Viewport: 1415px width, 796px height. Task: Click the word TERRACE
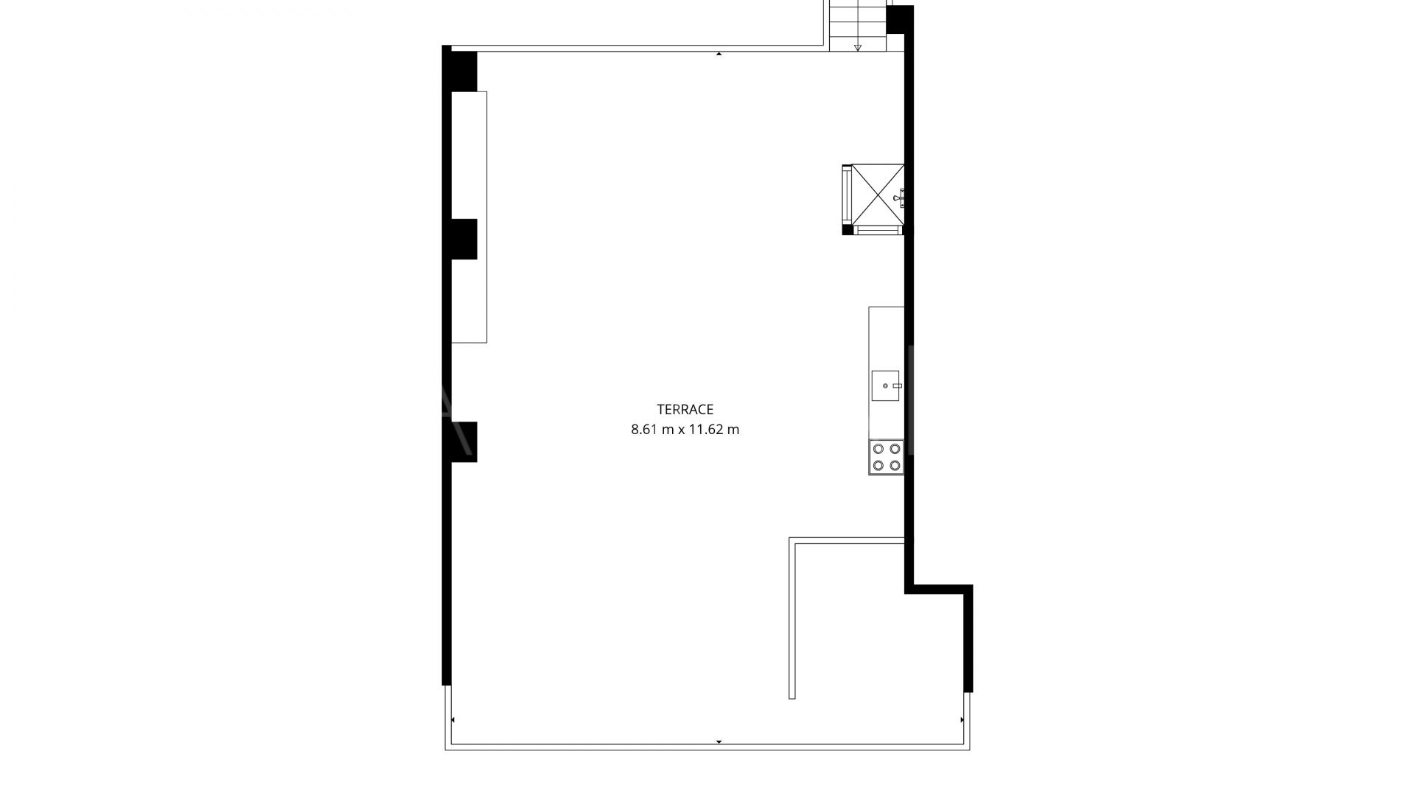[x=685, y=410]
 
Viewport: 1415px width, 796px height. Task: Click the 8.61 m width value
[x=652, y=430]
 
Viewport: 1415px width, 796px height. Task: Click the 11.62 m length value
[x=713, y=430]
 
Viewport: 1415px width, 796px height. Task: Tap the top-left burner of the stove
[x=878, y=449]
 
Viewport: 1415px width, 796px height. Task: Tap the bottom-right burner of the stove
[x=895, y=465]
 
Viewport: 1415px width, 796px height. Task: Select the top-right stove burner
[x=895, y=449]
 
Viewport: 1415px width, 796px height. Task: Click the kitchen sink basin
[x=886, y=385]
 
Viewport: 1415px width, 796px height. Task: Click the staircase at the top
[x=857, y=26]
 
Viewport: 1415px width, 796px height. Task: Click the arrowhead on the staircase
[x=858, y=49]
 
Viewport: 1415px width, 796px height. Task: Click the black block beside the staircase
[x=899, y=20]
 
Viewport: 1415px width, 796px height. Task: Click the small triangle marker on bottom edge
[x=719, y=741]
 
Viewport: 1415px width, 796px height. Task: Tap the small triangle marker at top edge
[x=719, y=54]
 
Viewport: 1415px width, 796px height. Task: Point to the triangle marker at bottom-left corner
[x=453, y=719]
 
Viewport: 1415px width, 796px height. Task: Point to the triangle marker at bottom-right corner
[x=962, y=719]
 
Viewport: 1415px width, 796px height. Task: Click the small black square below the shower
[x=848, y=230]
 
